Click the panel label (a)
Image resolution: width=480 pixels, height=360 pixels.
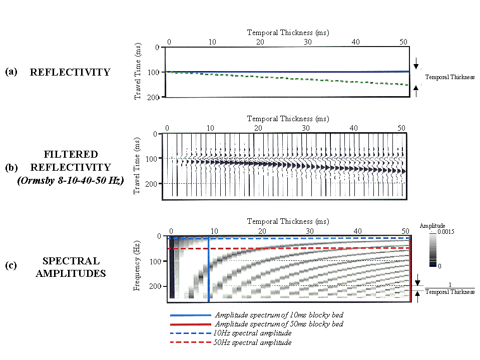point(11,72)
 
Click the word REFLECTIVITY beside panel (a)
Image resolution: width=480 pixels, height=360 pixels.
point(70,72)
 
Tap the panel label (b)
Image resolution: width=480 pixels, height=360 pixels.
point(11,167)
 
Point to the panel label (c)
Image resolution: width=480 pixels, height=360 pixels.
point(11,265)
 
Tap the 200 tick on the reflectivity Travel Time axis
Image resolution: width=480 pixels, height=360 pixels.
point(153,97)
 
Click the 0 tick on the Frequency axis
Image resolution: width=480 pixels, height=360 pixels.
point(159,236)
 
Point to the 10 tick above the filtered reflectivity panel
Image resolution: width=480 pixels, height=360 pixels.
point(212,128)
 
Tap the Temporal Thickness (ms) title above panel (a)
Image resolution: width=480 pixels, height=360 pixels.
point(288,33)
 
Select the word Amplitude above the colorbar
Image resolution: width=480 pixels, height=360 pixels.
point(433,226)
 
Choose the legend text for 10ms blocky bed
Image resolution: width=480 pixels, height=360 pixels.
point(279,315)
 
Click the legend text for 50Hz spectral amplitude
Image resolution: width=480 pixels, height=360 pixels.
point(253,342)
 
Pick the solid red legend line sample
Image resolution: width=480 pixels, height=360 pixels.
point(190,324)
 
